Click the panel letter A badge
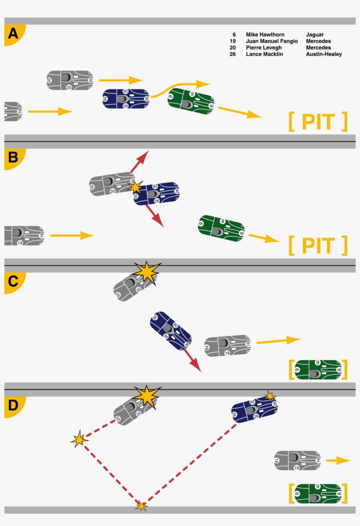13,34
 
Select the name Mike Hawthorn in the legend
265,34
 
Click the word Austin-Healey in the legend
324,54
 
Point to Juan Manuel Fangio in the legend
272,41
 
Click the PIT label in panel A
318,122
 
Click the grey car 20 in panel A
70,80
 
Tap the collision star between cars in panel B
136,187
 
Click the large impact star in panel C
146,272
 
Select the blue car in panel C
171,330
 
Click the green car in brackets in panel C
318,369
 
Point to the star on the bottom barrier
141,506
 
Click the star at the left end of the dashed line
79,440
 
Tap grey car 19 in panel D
298,460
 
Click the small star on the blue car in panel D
270,396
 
